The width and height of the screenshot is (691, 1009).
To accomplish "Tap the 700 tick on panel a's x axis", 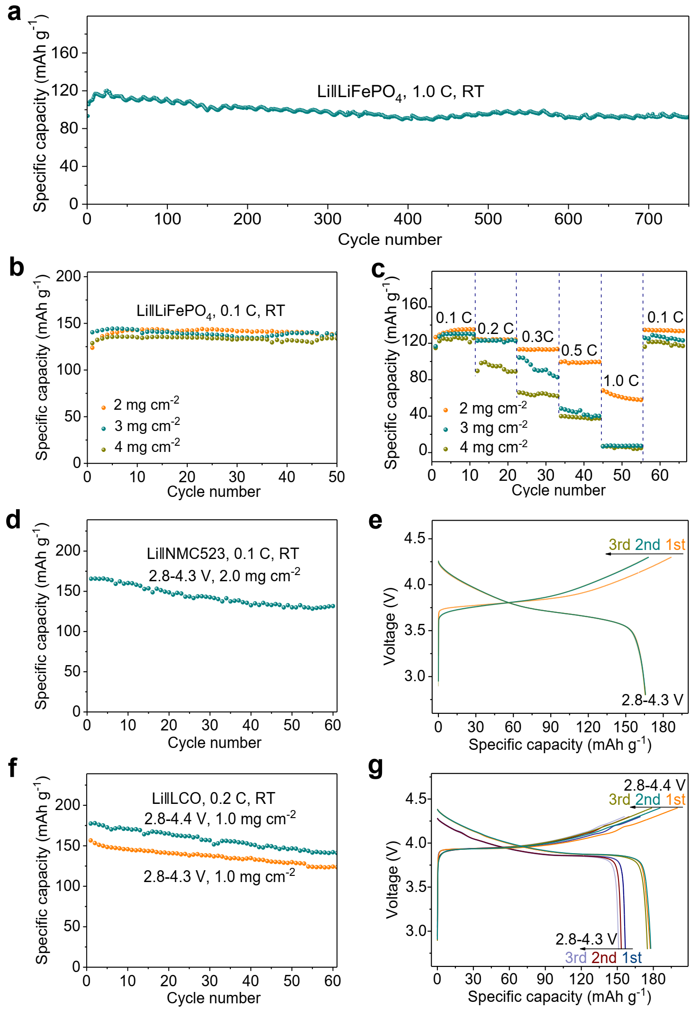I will [648, 219].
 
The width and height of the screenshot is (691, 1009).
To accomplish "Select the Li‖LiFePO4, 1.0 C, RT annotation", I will [400, 92].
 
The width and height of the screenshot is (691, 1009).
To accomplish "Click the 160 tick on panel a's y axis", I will [65, 53].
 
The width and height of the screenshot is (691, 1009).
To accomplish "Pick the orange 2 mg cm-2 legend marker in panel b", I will [104, 407].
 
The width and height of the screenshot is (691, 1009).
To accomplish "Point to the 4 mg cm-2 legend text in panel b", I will [147, 446].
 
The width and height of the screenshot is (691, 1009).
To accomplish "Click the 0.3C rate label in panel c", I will [537, 337].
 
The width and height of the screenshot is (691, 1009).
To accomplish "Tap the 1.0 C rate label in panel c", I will [621, 380].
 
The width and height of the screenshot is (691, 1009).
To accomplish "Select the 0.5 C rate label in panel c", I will [579, 351].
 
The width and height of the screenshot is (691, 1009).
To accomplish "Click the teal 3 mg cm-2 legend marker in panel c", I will [446, 430].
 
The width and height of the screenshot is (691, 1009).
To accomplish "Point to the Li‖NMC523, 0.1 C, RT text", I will [223, 553].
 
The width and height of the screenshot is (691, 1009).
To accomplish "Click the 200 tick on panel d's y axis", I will [68, 550].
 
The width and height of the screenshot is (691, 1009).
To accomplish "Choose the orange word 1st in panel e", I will [675, 545].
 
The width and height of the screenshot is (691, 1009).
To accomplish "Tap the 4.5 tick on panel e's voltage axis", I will [415, 539].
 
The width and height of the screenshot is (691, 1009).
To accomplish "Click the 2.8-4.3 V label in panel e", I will [652, 700].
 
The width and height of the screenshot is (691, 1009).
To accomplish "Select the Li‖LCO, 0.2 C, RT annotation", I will [213, 798].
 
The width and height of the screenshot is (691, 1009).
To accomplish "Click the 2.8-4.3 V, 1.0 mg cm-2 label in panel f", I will [219, 876].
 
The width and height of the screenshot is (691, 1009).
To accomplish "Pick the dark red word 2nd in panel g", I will [604, 957].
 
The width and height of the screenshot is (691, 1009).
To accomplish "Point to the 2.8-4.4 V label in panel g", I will [654, 785].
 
